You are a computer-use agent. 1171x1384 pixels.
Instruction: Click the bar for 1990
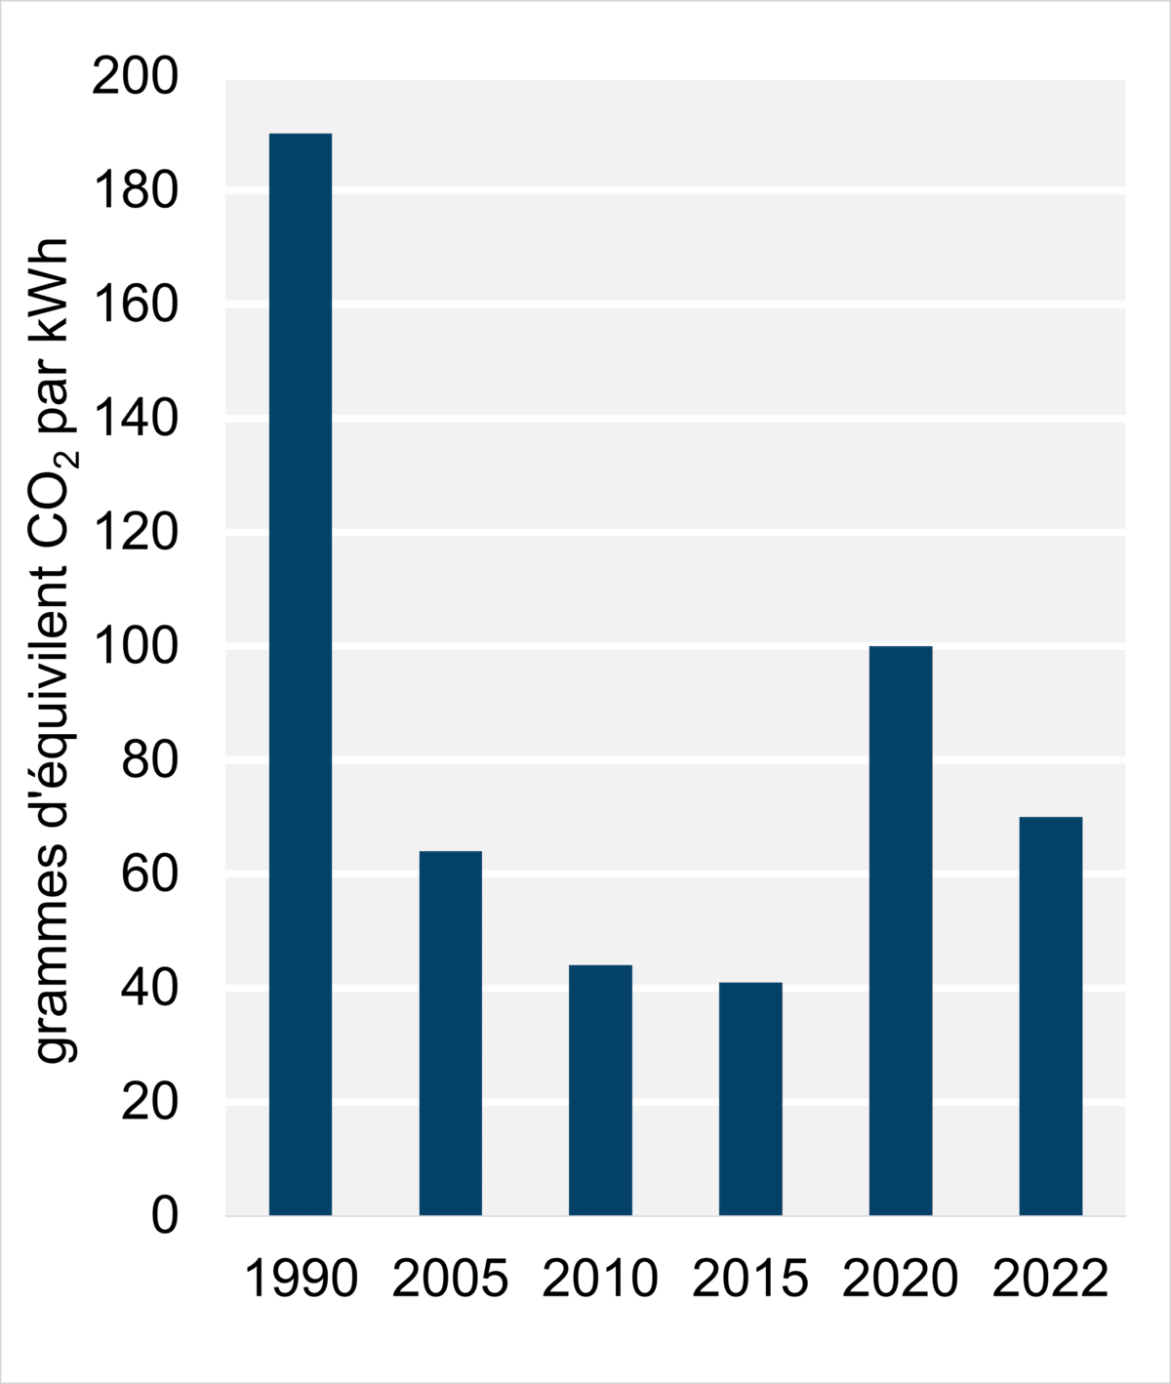(x=301, y=673)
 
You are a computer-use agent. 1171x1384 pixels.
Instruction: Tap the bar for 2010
(x=600, y=1089)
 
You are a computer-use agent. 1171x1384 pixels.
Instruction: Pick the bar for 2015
(x=750, y=1098)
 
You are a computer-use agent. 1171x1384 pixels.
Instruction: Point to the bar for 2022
(x=1050, y=1015)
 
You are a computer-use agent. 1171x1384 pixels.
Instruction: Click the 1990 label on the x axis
(x=301, y=1279)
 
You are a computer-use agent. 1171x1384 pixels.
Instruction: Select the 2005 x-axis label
(x=451, y=1279)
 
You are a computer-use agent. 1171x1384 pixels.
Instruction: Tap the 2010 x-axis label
(x=600, y=1279)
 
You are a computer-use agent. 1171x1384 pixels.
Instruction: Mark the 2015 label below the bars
(x=750, y=1279)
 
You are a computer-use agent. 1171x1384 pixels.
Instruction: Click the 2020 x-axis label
(x=901, y=1279)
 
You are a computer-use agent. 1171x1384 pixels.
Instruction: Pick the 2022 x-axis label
(x=1050, y=1279)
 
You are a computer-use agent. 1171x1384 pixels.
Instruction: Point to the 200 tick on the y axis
(x=136, y=77)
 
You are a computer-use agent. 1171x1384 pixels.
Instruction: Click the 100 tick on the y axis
(x=136, y=646)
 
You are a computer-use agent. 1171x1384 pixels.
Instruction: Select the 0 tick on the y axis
(x=165, y=1216)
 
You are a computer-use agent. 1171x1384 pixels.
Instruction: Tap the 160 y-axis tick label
(x=136, y=305)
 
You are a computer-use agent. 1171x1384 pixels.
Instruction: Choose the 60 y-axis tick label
(x=150, y=875)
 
